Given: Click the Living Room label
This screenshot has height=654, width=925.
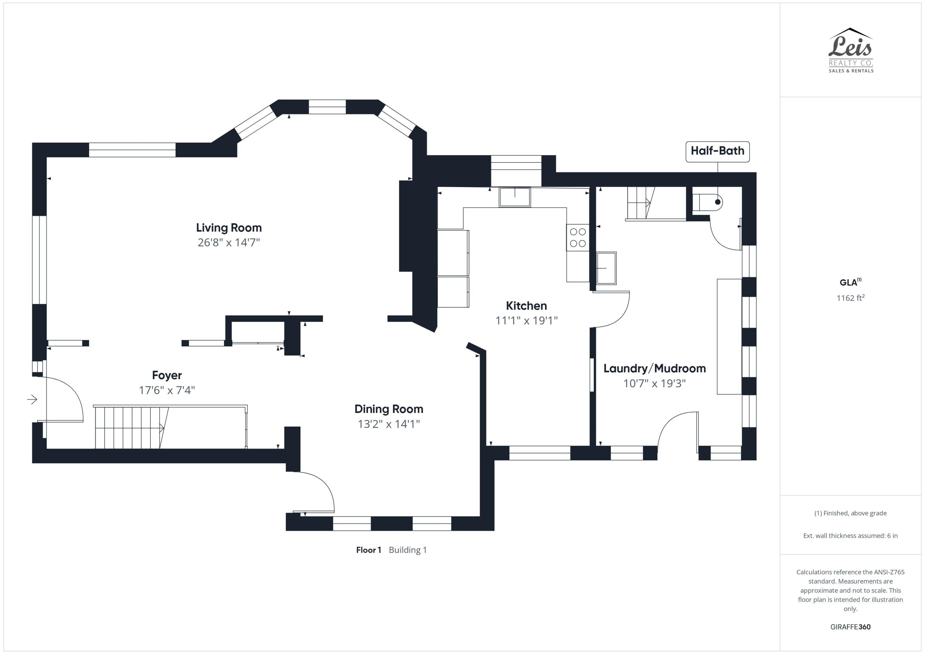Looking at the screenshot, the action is (229, 228).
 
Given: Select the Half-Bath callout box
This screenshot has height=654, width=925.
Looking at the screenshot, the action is (717, 151).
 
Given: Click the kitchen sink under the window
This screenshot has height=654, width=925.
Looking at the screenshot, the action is (515, 197).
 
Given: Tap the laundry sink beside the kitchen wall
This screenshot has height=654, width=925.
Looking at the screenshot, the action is (606, 268).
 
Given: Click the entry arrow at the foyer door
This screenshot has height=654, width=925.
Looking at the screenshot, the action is (32, 399).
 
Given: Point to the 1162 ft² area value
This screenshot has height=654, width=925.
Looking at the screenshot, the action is (850, 298).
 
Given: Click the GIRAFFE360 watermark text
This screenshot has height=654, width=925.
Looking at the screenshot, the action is (850, 627).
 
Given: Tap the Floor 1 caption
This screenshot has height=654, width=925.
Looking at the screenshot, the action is (369, 550).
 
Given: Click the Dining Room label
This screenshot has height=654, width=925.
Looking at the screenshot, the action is (389, 409).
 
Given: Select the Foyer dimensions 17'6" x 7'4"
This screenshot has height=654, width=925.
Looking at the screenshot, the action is (167, 390).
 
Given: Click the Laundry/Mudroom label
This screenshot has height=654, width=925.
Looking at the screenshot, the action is (655, 369).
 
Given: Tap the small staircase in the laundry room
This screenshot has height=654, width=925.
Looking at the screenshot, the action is (641, 203).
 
